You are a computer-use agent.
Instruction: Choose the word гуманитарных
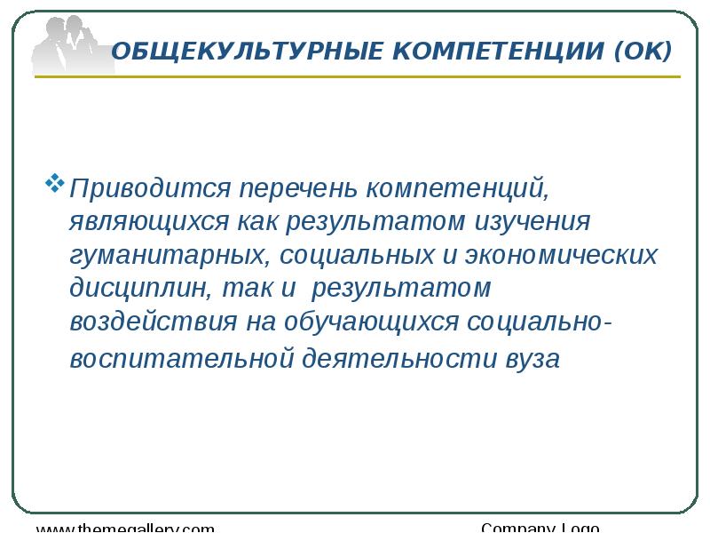pos(170,257)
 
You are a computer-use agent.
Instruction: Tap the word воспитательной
pos(182,360)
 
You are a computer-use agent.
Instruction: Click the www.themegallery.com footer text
pos(125,528)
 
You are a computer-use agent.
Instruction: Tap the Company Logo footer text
pos(540,528)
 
